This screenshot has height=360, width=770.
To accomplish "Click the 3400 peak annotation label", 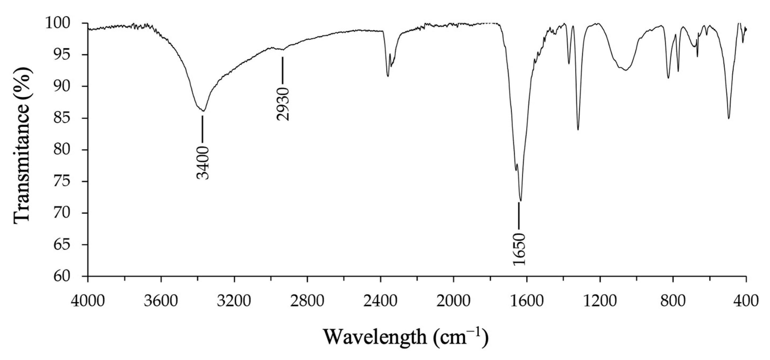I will point(203,163).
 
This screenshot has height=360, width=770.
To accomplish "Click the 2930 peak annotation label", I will point(283,104).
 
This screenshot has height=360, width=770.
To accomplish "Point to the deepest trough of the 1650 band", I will point(521,201).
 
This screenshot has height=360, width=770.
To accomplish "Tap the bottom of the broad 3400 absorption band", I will point(203,111).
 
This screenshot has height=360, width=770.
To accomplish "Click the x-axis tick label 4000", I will point(88,301).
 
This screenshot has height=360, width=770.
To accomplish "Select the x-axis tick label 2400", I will point(380,301).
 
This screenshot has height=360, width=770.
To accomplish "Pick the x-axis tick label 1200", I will point(600,301).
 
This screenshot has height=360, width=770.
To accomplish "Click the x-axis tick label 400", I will point(746,301).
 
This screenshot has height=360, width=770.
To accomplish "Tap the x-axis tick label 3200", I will point(234,301).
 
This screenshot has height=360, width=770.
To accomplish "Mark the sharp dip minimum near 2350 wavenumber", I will point(388,76).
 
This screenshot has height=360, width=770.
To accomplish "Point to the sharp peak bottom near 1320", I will point(578,130).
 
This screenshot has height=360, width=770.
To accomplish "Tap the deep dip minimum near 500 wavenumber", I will point(729,118).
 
